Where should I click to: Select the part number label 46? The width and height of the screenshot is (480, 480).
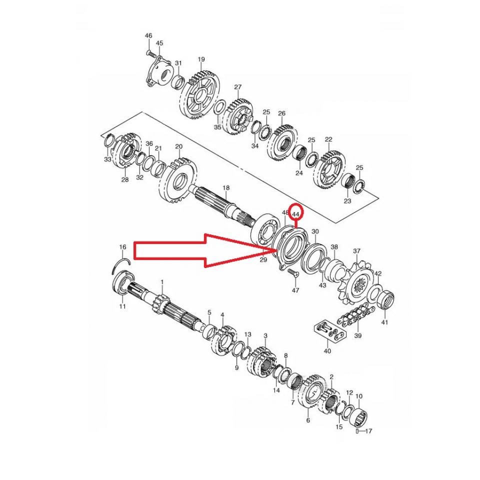[148, 35]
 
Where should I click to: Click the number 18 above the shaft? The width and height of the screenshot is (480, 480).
[226, 187]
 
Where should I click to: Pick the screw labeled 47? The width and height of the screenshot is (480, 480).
[293, 273]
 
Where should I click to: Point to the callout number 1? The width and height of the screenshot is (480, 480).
[162, 282]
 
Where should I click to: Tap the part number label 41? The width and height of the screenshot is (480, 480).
[384, 322]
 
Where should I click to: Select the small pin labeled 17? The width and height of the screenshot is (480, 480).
[357, 430]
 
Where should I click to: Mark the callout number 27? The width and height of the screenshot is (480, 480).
[237, 87]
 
